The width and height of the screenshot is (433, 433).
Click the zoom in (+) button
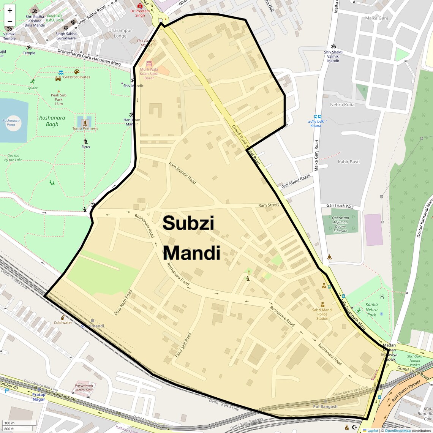point(10,10)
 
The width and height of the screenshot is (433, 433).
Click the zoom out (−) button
point(10,21)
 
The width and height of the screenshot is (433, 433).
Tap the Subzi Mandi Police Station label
point(322,314)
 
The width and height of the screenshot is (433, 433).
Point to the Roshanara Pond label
point(11,123)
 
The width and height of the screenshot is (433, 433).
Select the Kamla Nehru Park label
point(371,309)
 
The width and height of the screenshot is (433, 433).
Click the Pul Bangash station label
point(325,406)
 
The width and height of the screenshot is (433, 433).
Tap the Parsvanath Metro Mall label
point(84,388)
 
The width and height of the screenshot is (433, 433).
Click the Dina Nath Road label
point(123,302)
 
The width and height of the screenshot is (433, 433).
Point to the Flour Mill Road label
point(183,345)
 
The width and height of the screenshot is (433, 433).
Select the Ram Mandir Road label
point(182,174)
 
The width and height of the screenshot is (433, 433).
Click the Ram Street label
point(269,205)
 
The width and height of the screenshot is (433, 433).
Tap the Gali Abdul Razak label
point(296,182)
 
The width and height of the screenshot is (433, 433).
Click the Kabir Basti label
point(349,162)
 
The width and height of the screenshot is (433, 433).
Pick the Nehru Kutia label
point(342,105)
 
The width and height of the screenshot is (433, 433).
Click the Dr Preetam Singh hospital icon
point(140,6)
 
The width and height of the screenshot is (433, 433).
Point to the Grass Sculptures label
point(77,77)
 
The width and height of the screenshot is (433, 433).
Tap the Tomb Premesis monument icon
point(85,123)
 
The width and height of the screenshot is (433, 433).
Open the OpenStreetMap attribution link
point(397,431)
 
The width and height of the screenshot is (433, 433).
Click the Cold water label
point(63,322)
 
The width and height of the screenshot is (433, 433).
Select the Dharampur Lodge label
point(120,33)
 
